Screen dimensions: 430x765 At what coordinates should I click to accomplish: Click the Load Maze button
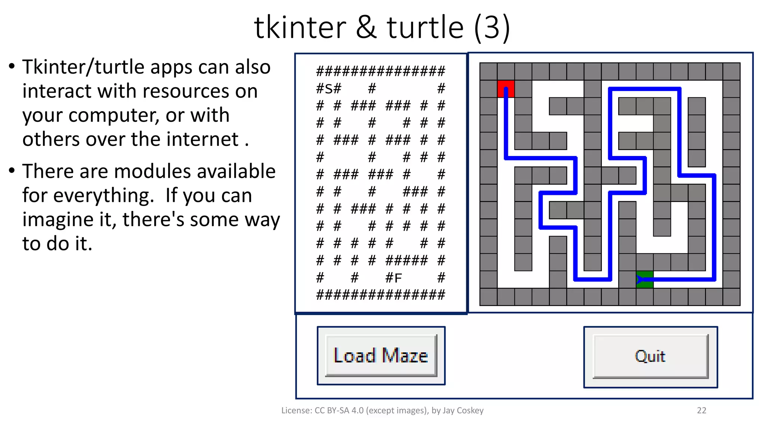tap(381, 355)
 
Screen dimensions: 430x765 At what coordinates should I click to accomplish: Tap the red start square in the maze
tap(506, 89)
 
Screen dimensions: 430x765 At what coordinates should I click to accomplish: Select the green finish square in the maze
tap(645, 280)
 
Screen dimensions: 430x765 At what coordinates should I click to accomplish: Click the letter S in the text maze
tap(329, 89)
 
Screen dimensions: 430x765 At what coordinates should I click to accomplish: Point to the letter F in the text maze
tap(398, 278)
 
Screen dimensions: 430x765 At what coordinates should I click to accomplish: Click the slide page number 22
tap(701, 411)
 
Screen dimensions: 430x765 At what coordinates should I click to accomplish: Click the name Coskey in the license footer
tap(470, 411)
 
